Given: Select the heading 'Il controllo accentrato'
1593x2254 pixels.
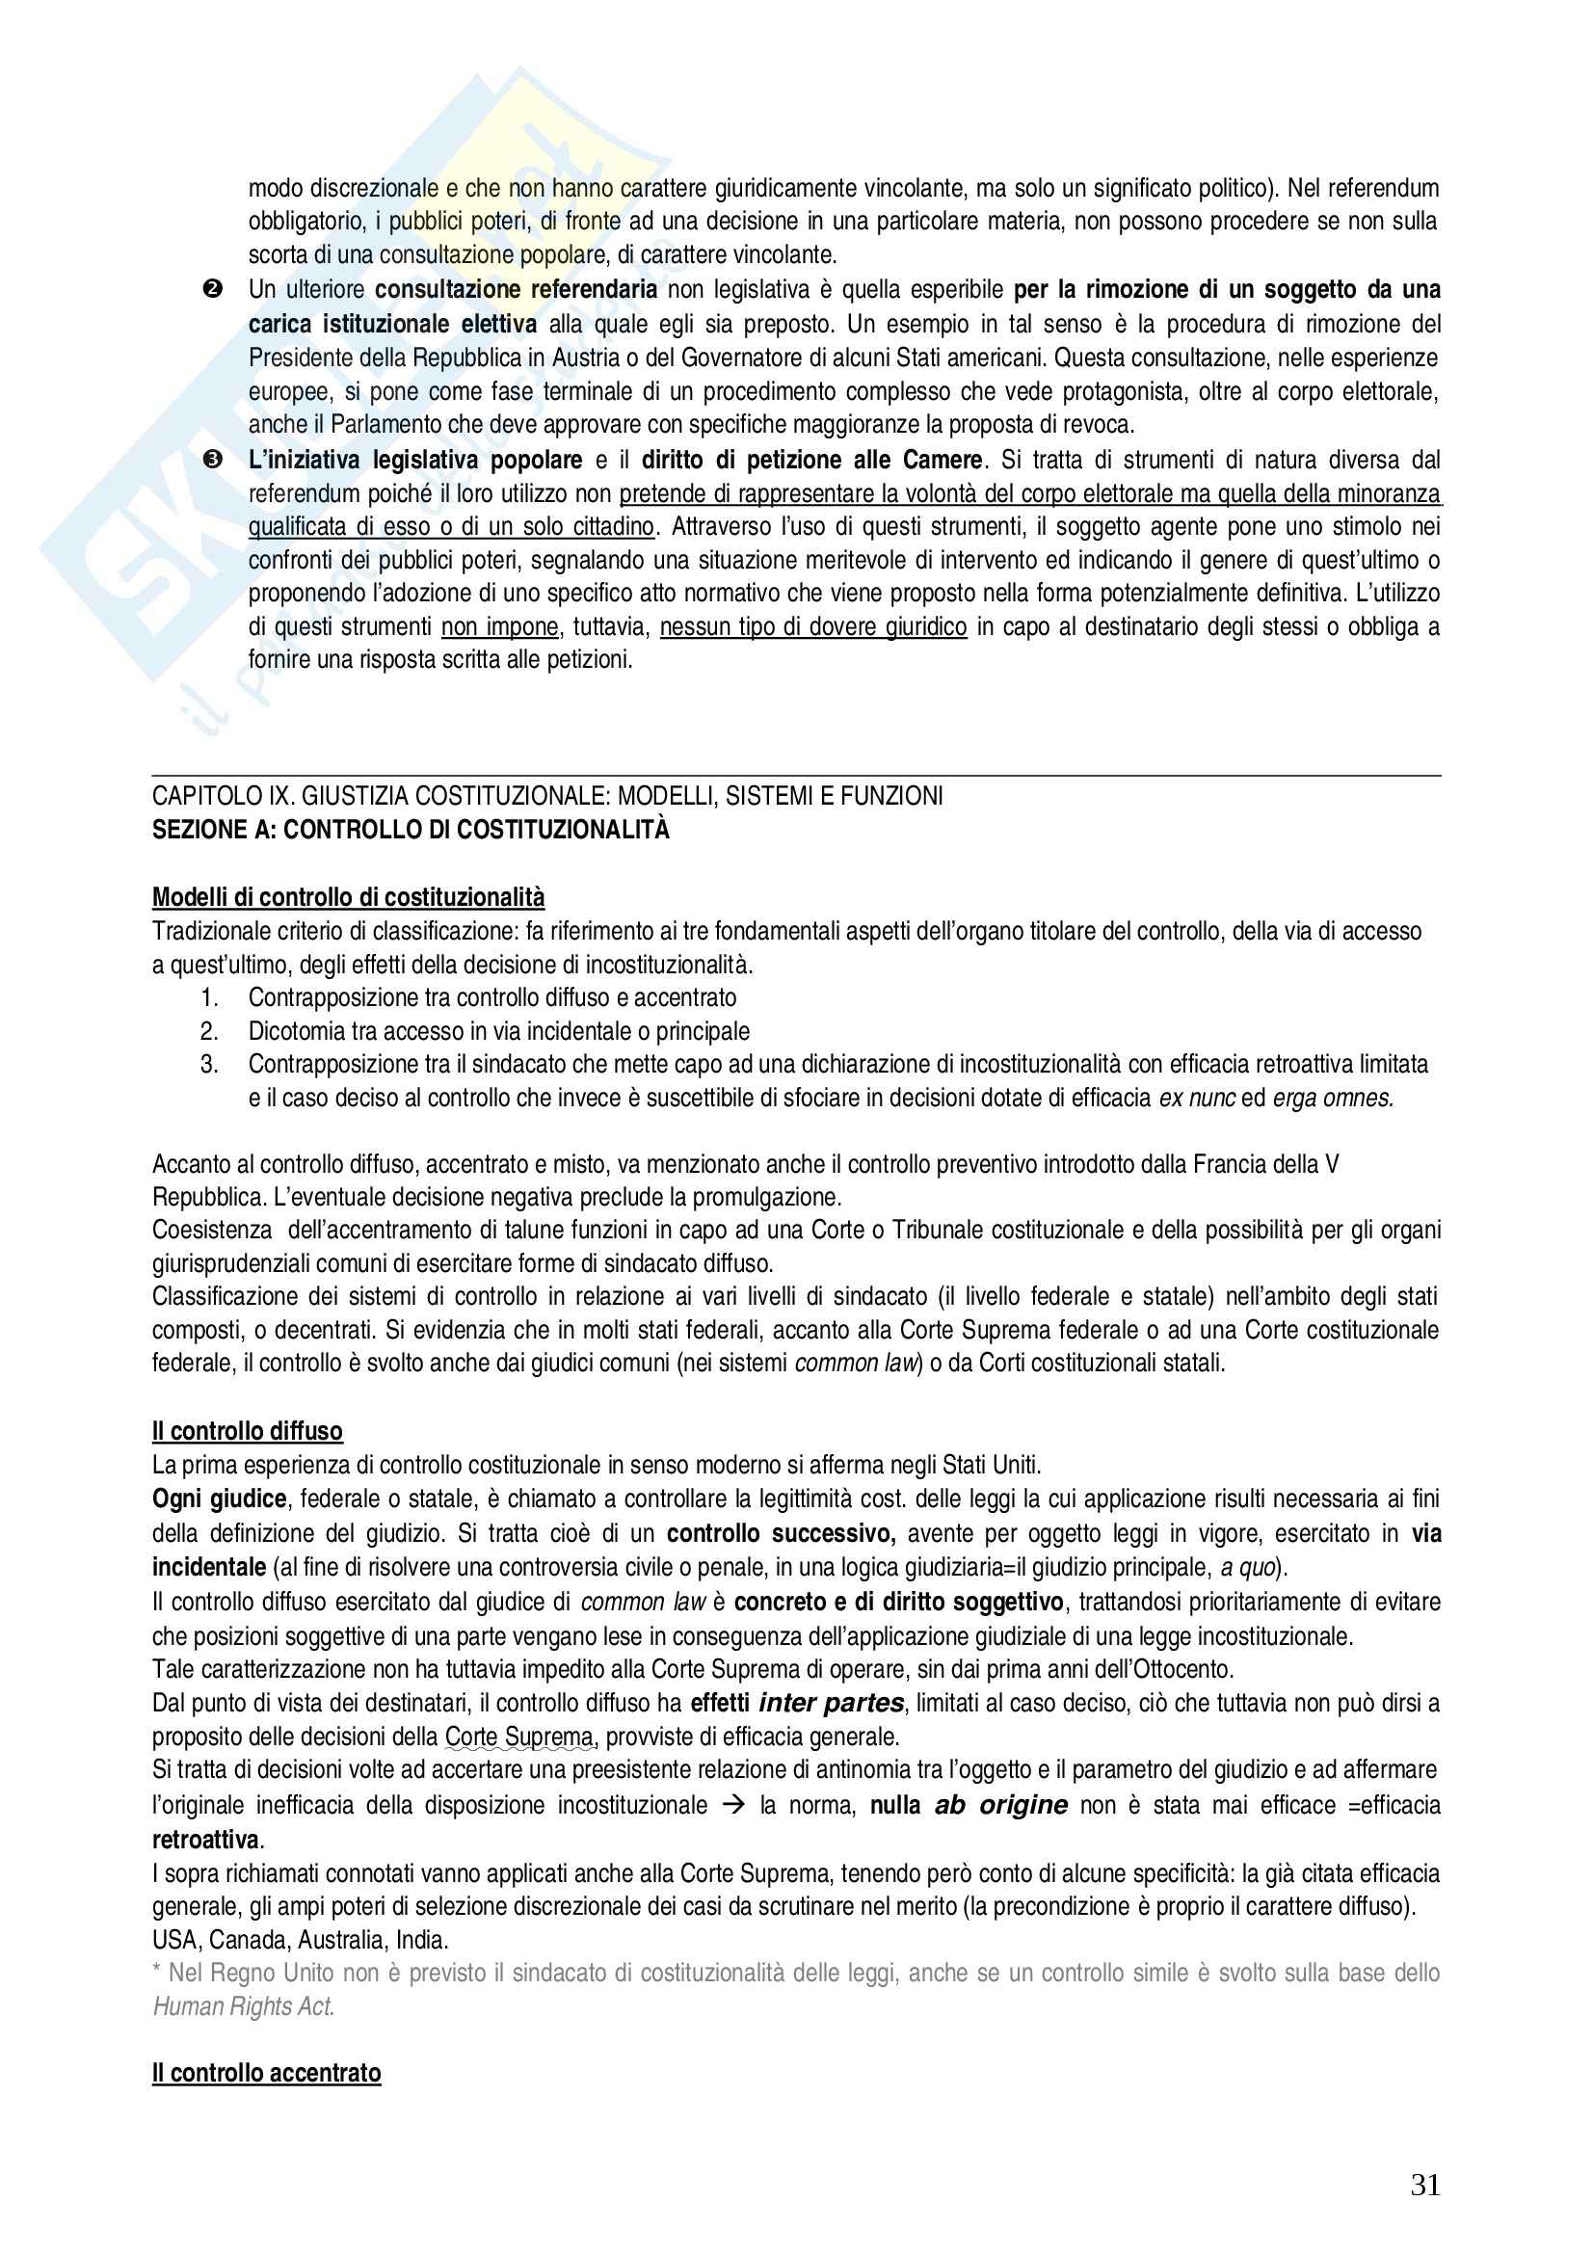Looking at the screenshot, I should [266, 2073].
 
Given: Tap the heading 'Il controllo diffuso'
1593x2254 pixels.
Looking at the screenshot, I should [248, 1431].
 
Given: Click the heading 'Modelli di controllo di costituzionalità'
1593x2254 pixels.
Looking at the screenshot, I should [349, 897].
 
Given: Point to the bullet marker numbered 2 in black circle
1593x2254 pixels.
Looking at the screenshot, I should [212, 290].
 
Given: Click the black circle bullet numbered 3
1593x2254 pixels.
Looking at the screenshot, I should [212, 460].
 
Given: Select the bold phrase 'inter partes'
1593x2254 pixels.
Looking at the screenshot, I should [832, 1703].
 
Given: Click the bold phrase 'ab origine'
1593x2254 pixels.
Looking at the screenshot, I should [1001, 1805].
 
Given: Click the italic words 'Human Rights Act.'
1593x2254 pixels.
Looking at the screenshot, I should [245, 2006].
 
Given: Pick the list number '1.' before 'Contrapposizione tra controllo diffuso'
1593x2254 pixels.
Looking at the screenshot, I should [209, 997].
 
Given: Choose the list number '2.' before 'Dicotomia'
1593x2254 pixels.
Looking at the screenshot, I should [209, 1031].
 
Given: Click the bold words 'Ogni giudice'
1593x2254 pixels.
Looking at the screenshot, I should [219, 1499].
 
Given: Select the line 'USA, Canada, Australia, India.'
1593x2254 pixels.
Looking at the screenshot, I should [301, 1940].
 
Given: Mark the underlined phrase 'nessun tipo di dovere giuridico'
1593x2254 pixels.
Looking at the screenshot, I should [813, 626].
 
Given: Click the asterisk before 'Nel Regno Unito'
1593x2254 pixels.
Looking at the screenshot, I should [157, 1973].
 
